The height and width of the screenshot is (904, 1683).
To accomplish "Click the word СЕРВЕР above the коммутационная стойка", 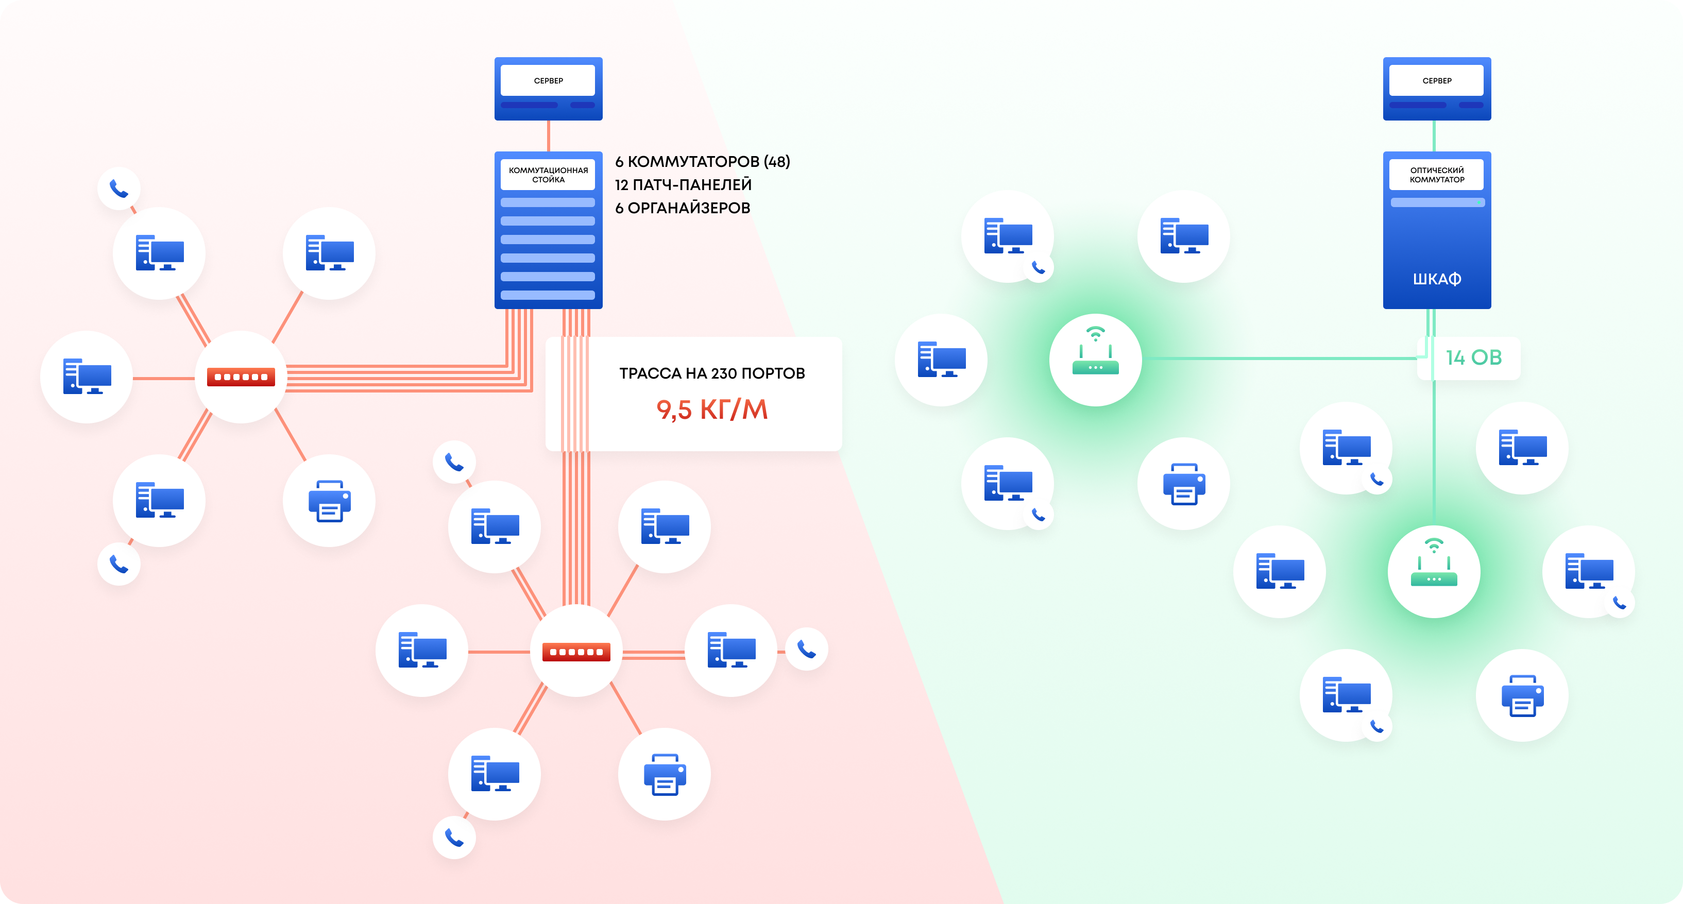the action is click(x=548, y=81).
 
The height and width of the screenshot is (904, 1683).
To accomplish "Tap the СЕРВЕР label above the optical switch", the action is click(x=1437, y=81).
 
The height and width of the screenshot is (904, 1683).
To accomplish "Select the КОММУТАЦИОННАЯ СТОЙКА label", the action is click(x=548, y=175).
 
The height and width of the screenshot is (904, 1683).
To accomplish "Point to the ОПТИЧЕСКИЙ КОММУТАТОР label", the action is click(x=1437, y=175).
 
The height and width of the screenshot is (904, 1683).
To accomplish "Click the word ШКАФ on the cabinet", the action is click(x=1437, y=279).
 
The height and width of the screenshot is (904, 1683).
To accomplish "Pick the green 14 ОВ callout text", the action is click(x=1473, y=357).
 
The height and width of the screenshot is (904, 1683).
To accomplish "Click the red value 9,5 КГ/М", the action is click(x=711, y=410).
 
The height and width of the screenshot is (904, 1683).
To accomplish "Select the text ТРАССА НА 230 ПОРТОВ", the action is click(x=711, y=373).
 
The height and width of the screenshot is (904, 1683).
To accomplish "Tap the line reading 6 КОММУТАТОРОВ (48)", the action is click(x=702, y=161).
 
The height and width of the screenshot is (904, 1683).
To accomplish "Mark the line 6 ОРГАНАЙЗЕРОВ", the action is click(x=682, y=208).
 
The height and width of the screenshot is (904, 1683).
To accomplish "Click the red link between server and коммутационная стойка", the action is click(x=548, y=136).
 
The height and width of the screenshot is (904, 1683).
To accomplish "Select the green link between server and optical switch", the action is click(x=1434, y=136).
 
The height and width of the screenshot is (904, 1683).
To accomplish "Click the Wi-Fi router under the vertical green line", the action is click(x=1434, y=572).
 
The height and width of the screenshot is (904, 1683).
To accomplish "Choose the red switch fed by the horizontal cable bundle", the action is click(x=241, y=377).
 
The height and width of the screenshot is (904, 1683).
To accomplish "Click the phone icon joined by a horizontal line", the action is click(x=806, y=649).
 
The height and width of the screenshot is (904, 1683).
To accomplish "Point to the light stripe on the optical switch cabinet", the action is click(x=1437, y=202).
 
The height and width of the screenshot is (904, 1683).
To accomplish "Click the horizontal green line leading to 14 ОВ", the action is click(x=1281, y=358).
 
